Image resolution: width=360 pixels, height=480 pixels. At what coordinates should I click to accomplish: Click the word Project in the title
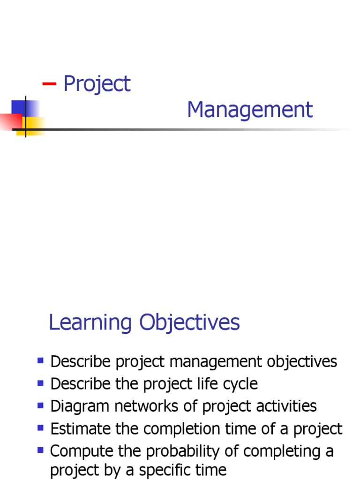(97, 84)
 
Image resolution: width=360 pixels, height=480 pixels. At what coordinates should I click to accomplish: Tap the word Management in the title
(249, 110)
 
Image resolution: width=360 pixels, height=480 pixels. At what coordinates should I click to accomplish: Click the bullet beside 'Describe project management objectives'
(40, 361)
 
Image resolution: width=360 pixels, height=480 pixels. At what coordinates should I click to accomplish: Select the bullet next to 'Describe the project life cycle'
(40, 383)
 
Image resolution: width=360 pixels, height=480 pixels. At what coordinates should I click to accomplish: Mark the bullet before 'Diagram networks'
(40, 405)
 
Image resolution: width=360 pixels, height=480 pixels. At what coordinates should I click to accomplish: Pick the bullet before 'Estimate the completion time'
(40, 427)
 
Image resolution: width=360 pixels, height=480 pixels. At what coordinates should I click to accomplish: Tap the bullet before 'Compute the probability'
(40, 450)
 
